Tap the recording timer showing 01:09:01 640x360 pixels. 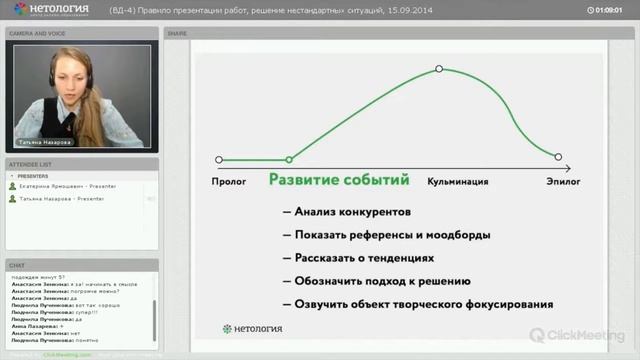click(612, 10)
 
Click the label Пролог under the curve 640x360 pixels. click(229, 181)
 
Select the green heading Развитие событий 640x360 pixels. click(338, 181)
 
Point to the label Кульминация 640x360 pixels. click(458, 181)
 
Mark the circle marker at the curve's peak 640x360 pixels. click(439, 69)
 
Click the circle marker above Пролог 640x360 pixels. click(219, 159)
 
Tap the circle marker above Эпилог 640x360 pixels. click(558, 157)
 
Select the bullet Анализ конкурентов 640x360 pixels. click(346, 212)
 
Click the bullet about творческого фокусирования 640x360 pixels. click(417, 304)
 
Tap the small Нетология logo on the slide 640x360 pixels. click(246, 328)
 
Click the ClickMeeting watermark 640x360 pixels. click(579, 335)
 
